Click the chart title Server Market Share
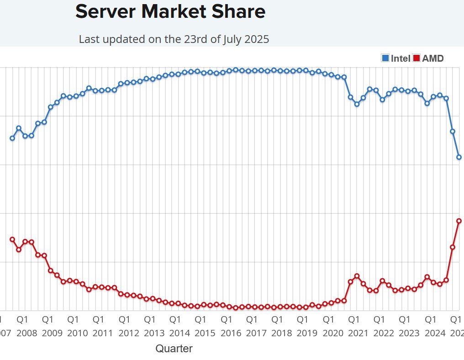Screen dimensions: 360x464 point(170,12)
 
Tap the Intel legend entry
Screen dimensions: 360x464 point(401,58)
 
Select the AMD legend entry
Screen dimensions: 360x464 point(432,58)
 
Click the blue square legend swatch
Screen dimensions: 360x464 point(385,58)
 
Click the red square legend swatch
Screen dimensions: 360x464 point(417,58)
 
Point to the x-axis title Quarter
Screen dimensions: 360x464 point(174,349)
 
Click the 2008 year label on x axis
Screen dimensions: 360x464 point(26,333)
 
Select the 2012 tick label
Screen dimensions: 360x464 point(129,333)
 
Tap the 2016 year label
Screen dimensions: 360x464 point(231,333)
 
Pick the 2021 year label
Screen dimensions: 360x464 point(358,333)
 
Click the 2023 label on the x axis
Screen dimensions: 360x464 point(409,333)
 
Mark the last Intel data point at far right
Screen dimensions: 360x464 point(459,157)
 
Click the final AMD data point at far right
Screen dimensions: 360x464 point(459,221)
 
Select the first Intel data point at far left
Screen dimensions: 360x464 point(12,138)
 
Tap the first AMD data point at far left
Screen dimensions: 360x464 point(12,239)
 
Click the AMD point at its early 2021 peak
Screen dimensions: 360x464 point(357,276)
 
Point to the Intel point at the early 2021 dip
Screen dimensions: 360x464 point(357,104)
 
